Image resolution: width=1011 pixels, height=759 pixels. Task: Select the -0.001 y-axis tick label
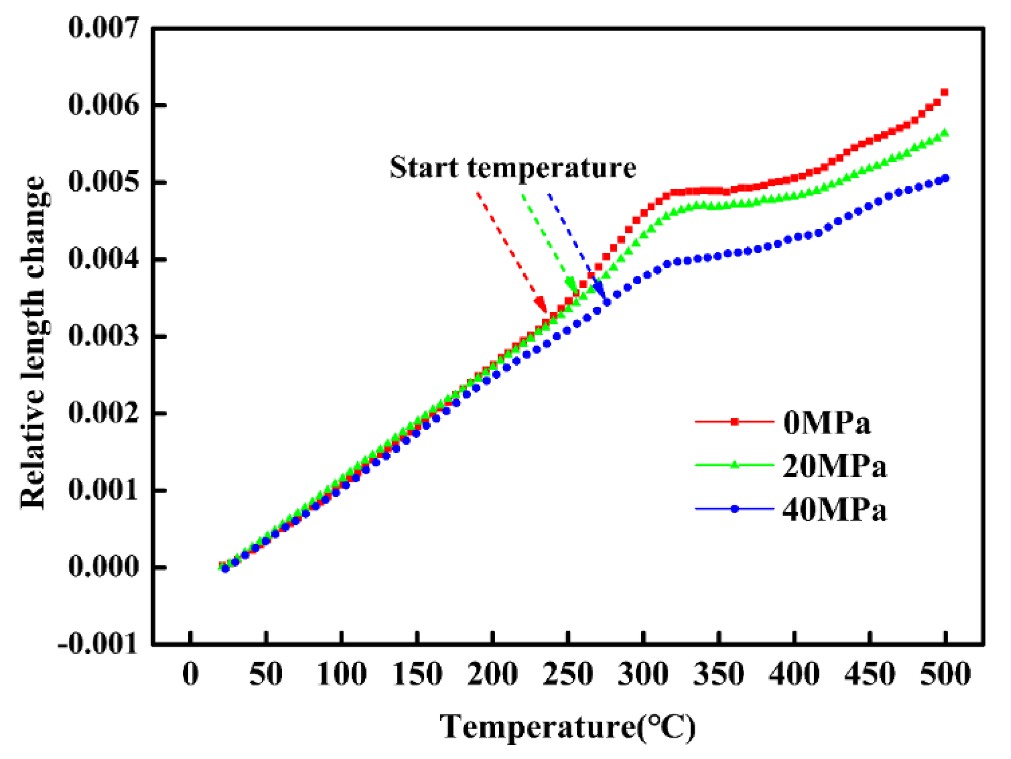point(98,643)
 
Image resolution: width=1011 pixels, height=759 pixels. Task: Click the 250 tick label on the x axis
point(568,674)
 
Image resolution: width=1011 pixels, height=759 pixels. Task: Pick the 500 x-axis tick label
point(945,674)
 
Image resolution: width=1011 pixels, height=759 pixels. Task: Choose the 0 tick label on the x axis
point(191,674)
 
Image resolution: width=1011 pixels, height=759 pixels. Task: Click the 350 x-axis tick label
point(719,674)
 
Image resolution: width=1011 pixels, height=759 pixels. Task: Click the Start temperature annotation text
point(512,168)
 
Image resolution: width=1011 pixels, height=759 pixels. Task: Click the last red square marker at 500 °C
point(944,92)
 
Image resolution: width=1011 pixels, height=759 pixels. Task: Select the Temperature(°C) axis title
point(567,727)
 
